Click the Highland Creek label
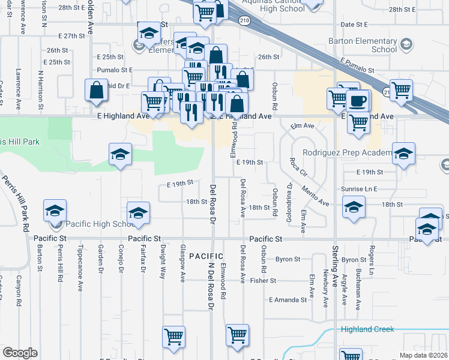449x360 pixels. (x=367, y=329)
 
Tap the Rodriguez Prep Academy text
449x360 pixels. (x=348, y=152)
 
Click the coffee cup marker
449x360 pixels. (x=359, y=101)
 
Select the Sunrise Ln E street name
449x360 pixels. (x=359, y=188)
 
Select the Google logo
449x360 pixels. (x=20, y=353)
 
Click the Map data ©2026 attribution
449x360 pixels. (x=423, y=355)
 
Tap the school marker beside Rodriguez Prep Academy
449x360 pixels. (x=403, y=154)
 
